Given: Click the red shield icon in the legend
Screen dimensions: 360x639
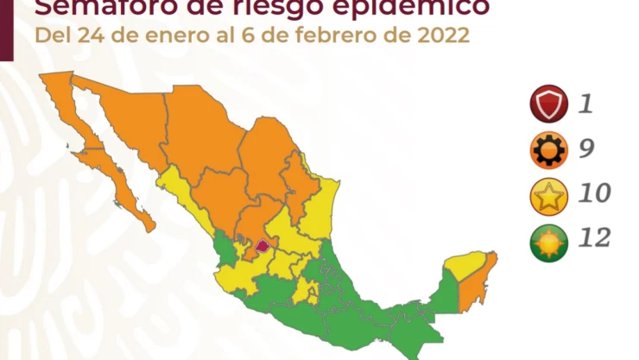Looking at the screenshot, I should pos(548,105).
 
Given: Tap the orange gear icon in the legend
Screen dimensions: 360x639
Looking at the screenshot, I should pos(548,150).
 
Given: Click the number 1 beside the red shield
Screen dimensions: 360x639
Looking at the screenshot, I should pos(585,105).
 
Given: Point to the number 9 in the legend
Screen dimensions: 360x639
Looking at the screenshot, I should pos(585,150).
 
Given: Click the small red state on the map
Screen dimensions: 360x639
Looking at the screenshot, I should pos(263,245).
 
